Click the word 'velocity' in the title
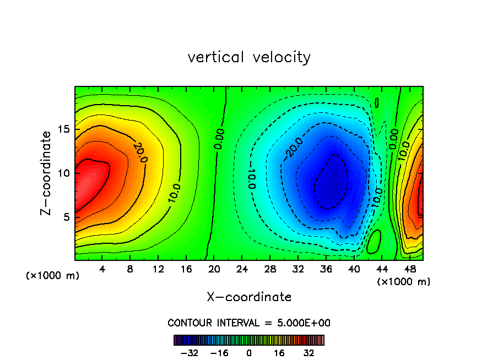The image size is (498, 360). click(282, 58)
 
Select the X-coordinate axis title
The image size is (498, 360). click(249, 297)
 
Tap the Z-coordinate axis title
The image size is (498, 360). click(47, 173)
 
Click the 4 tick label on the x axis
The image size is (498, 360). click(102, 269)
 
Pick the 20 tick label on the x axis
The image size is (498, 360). click(214, 269)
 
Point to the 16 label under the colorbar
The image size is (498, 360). click(279, 353)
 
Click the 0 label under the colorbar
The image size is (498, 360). click(249, 353)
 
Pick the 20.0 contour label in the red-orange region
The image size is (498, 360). click(140, 151)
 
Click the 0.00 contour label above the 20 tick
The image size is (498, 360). click(219, 140)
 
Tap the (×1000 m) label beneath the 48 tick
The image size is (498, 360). click(403, 282)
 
